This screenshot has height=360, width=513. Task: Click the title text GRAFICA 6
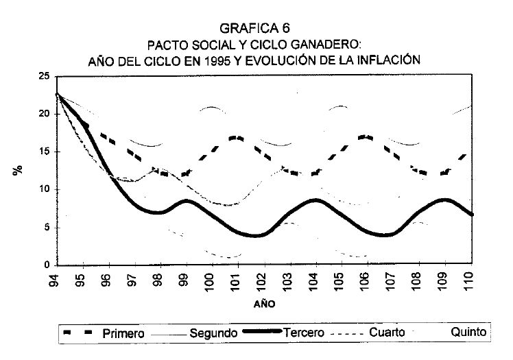[255, 28]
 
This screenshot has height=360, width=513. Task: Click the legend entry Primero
[123, 333]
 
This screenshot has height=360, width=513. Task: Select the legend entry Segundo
[213, 333]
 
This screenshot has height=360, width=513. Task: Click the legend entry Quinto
[468, 333]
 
